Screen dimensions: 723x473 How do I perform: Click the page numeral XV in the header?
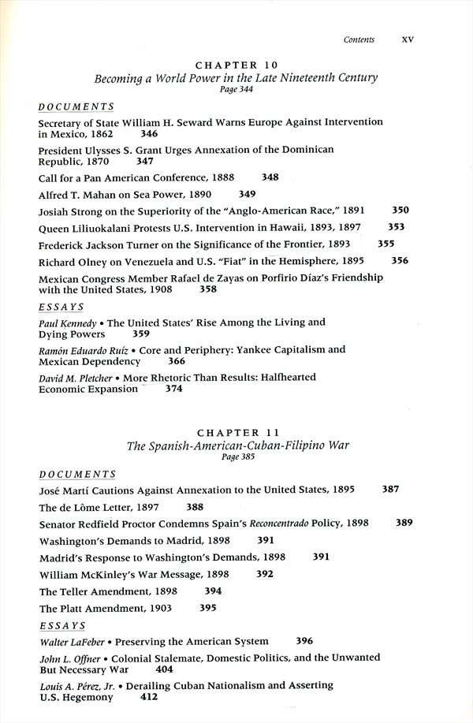408,39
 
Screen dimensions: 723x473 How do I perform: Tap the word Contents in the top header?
359,39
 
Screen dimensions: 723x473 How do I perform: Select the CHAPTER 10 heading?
236,65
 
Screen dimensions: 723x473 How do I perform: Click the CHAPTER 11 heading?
236,433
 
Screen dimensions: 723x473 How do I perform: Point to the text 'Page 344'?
236,91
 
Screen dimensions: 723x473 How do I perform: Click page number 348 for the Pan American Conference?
270,177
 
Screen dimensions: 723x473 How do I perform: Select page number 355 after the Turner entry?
386,244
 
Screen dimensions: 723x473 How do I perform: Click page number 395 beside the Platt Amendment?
208,608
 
